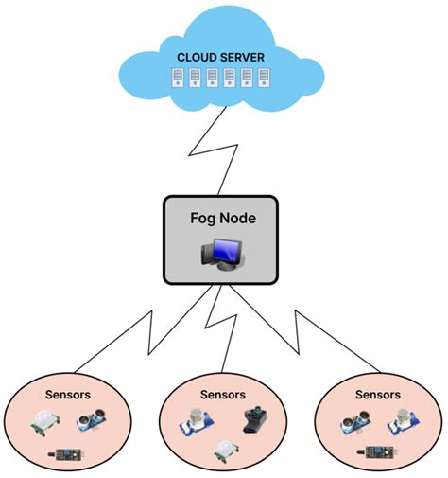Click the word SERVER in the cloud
pyautogui.click(x=243, y=57)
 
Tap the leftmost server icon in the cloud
pyautogui.click(x=177, y=78)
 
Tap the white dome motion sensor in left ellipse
pyautogui.click(x=44, y=422)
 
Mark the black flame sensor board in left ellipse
pyautogui.click(x=69, y=456)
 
